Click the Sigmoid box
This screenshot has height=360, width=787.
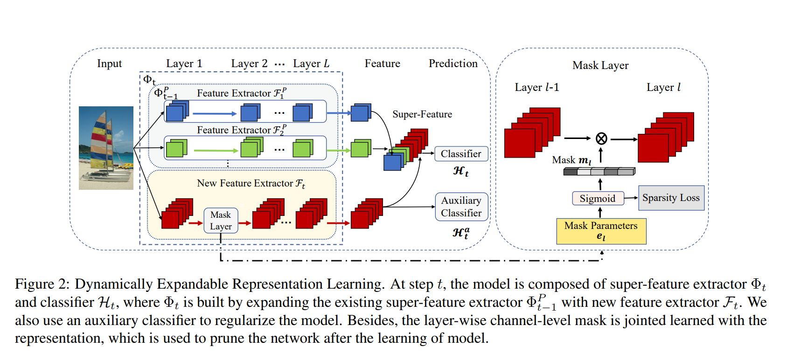tap(598, 198)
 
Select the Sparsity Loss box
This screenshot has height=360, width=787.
tap(671, 198)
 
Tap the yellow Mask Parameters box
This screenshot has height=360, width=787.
tap(601, 231)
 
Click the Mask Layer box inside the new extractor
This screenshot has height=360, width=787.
tap(221, 221)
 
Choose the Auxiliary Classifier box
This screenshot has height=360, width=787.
tap(461, 207)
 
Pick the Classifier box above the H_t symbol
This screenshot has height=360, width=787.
tap(461, 154)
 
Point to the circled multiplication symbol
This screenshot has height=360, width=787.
tap(601, 138)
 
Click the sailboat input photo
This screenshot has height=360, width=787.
tap(106, 148)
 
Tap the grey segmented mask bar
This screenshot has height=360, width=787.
tap(599, 172)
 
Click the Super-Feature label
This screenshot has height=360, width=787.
tap(422, 114)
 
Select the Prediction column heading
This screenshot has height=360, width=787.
tap(453, 63)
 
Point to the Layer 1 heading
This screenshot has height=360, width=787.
tap(184, 63)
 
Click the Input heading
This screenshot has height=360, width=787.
tap(109, 63)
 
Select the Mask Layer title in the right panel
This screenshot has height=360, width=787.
tap(600, 65)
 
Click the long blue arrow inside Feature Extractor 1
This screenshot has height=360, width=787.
tap(215, 113)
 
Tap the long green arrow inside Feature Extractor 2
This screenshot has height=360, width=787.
tap(216, 151)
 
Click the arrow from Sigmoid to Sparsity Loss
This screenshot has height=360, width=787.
tap(631, 198)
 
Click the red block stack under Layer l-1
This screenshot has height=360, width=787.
tap(532, 133)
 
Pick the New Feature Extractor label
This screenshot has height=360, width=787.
tap(251, 183)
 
